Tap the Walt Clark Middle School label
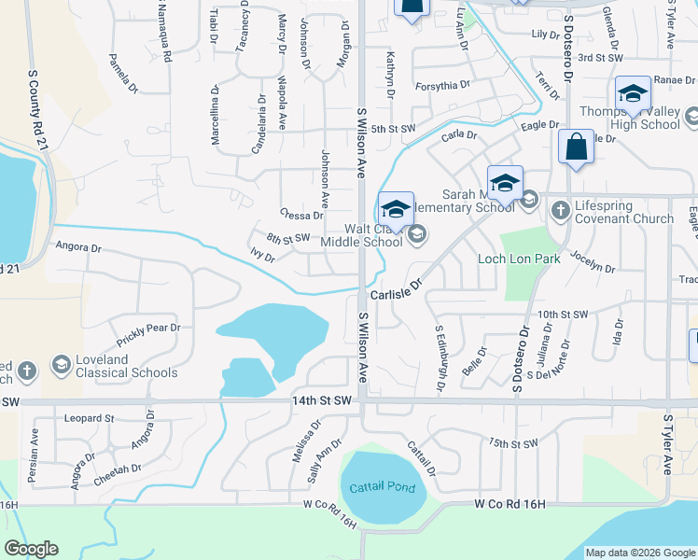(x=360, y=234)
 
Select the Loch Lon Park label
(x=519, y=259)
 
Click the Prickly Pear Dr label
(x=148, y=329)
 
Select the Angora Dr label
(x=77, y=248)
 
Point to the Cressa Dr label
(x=301, y=215)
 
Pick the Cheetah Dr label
(x=118, y=475)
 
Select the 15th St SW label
(x=513, y=443)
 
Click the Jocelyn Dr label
(x=593, y=261)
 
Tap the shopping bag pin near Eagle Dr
(x=576, y=148)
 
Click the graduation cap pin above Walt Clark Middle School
(x=397, y=209)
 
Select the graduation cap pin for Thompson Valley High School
(x=633, y=93)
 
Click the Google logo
(x=32, y=549)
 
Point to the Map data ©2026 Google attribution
(x=639, y=553)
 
